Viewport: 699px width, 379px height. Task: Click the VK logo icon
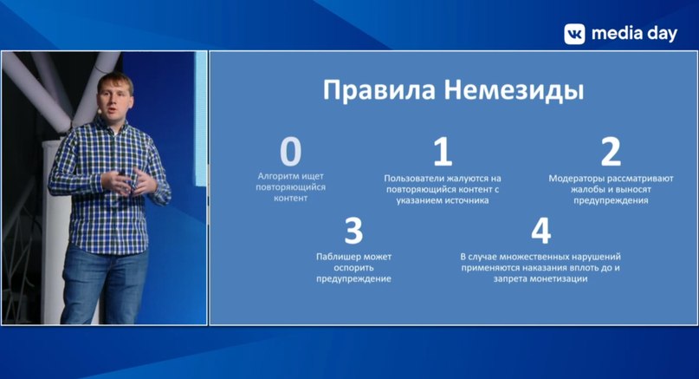coord(574,34)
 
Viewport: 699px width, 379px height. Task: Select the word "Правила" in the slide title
coord(379,90)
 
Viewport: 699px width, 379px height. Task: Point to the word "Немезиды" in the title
coord(514,91)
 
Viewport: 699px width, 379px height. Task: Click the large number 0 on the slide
coord(291,152)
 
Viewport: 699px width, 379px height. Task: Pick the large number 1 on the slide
coord(443,152)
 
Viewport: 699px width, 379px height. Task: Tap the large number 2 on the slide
coord(611,152)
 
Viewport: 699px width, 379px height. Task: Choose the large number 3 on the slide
coord(353,231)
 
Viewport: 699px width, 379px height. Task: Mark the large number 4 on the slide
coord(540,231)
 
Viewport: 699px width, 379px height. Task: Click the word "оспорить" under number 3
coord(353,268)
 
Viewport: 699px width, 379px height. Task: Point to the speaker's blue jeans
coord(105,284)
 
